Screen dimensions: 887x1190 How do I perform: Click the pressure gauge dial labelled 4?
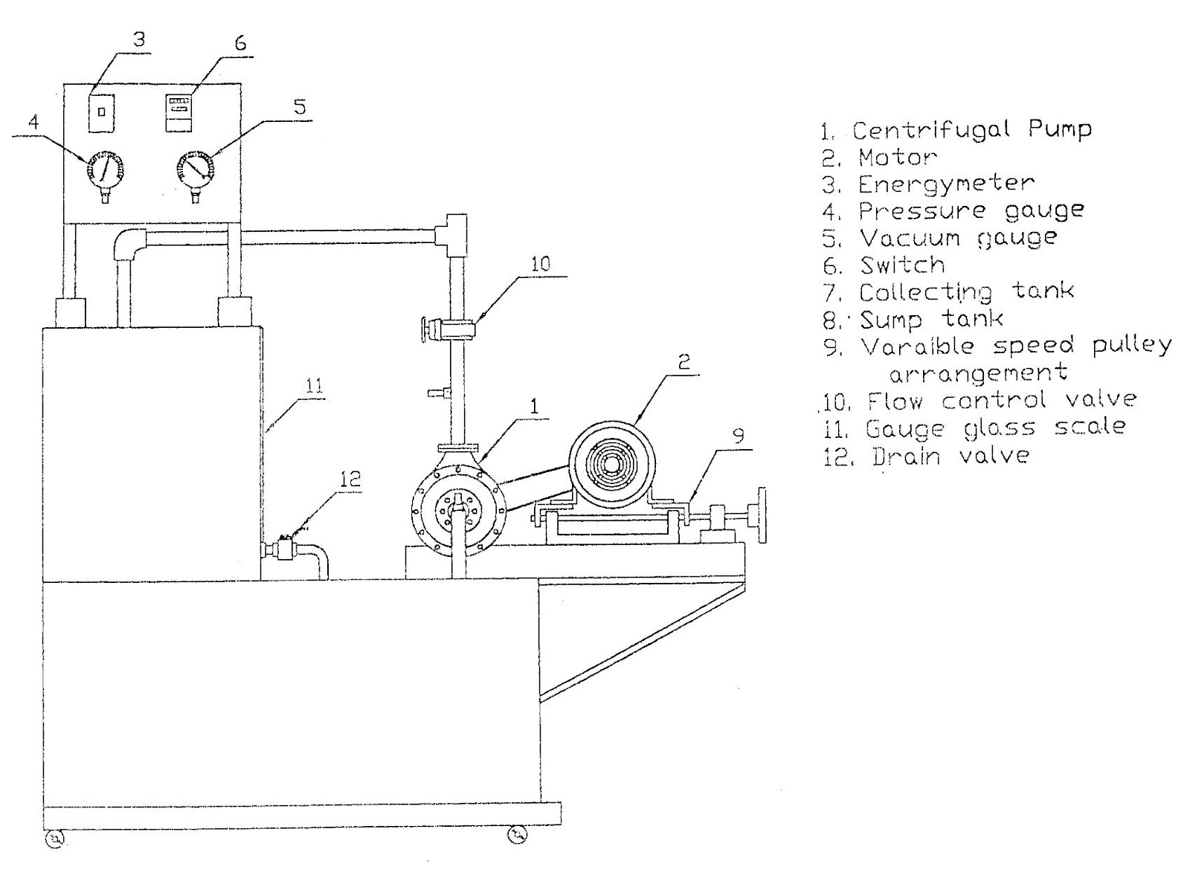(105, 169)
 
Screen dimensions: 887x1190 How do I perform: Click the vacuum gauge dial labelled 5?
(195, 169)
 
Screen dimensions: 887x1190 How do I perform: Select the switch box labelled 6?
(178, 112)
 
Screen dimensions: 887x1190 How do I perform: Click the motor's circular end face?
(611, 462)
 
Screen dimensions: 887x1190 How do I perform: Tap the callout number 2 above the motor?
(684, 362)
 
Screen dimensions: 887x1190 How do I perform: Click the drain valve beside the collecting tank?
(283, 549)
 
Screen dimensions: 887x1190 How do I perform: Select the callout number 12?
(350, 480)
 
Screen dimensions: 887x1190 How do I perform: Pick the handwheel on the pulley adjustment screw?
(761, 515)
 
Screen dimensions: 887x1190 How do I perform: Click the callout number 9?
(738, 435)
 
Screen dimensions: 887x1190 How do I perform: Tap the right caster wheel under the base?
(516, 837)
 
